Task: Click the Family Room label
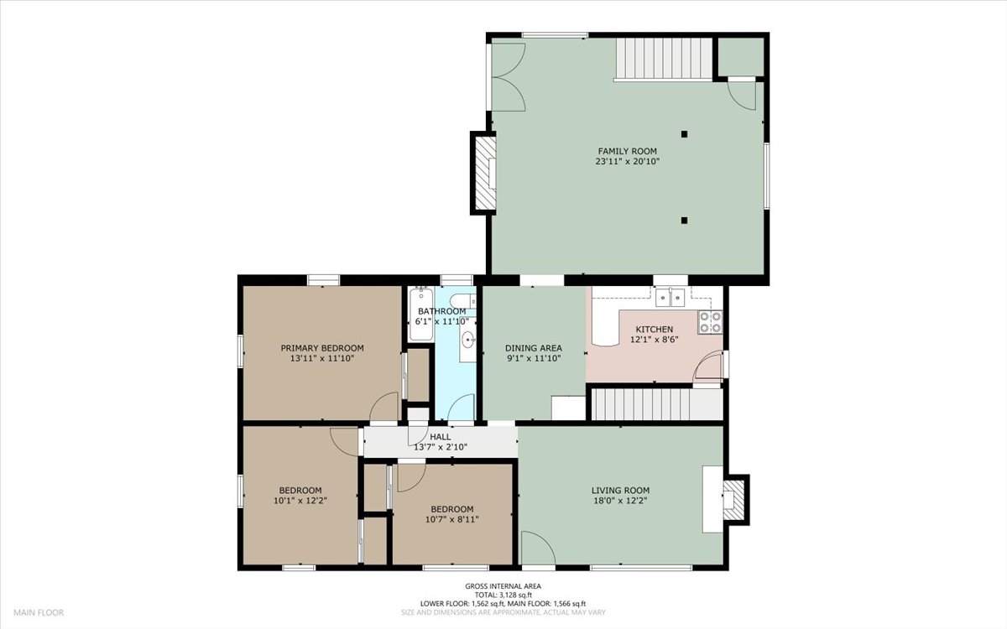pos(628,151)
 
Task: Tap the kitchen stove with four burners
pos(710,322)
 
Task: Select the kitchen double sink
pos(672,296)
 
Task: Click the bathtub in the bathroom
pos(420,314)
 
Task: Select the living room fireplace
pos(733,500)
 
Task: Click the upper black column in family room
pos(685,133)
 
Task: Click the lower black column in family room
pos(685,221)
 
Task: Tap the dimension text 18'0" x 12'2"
pos(620,502)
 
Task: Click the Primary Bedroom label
pos(321,348)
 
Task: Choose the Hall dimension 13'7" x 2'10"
pos(441,447)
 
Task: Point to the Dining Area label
pos(533,348)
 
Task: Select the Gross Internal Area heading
pos(503,586)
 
